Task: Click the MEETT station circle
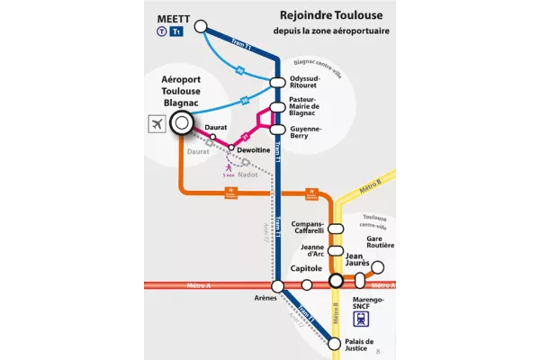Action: point(201,26)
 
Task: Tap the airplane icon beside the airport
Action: point(157,123)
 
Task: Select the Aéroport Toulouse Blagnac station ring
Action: point(183,122)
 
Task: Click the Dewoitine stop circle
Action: point(231,147)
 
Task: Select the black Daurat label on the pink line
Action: point(215,129)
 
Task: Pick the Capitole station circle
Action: point(307,285)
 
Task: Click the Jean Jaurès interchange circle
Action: point(336,282)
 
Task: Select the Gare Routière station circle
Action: point(378,267)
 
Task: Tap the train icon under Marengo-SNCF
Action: point(363,318)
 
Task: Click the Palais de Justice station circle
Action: point(335,343)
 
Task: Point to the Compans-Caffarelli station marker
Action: point(336,229)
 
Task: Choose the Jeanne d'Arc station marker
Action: point(336,251)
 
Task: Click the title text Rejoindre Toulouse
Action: point(319,14)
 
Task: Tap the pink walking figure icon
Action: point(229,166)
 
